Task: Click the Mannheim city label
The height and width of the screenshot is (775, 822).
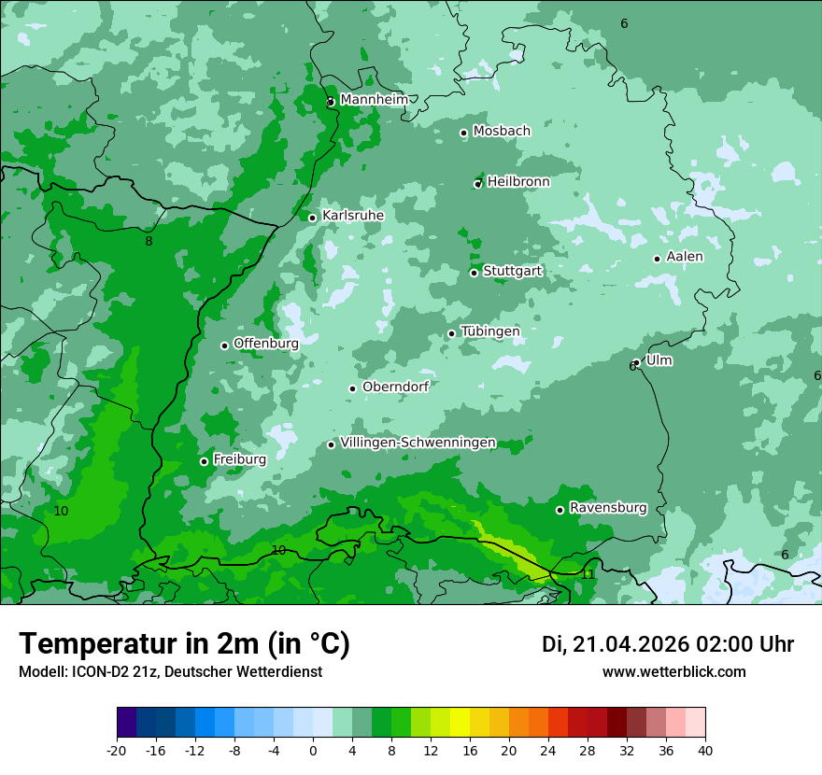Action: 374,99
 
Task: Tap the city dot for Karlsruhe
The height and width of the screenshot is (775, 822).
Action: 312,218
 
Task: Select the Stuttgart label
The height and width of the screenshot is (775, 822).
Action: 512,271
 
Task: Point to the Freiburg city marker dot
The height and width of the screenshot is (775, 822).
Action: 204,461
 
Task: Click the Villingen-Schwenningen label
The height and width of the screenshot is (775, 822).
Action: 418,443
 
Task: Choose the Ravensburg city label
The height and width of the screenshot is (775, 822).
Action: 607,508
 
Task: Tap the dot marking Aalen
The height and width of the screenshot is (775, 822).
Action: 657,259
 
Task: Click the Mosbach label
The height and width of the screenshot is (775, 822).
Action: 502,131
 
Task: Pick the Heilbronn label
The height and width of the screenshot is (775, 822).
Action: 518,181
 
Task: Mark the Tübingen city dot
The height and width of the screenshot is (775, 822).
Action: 451,333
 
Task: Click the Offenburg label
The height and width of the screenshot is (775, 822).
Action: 265,343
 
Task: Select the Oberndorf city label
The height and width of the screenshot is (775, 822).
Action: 395,387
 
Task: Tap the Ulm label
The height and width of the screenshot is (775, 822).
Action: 659,360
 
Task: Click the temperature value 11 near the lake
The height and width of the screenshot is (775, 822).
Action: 588,574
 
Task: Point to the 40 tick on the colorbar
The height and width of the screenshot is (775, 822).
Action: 704,750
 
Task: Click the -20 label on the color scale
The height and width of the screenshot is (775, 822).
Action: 117,750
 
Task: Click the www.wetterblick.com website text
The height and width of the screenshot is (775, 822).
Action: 673,671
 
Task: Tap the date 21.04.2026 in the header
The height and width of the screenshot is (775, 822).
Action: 631,644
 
